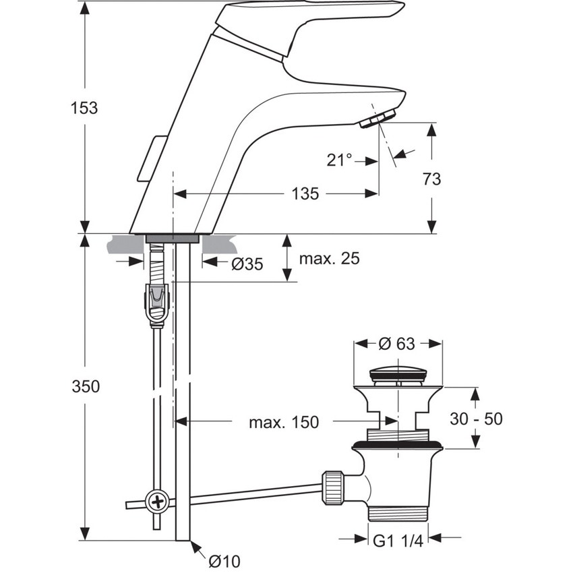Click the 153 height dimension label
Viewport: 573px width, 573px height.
tap(85, 108)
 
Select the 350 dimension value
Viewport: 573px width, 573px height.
tap(86, 386)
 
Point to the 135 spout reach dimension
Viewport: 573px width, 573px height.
tap(305, 194)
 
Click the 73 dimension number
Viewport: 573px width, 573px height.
tap(431, 179)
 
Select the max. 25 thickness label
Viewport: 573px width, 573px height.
tap(330, 259)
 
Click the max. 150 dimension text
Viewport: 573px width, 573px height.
tap(283, 423)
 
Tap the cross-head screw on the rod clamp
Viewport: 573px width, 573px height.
tap(158, 502)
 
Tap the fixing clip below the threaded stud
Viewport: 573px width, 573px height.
tap(157, 305)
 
